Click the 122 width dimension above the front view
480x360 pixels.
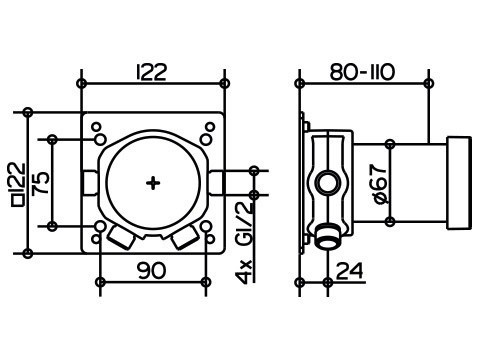click(152, 71)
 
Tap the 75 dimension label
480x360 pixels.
click(41, 183)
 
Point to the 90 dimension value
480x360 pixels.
click(152, 270)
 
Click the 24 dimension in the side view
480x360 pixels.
click(348, 270)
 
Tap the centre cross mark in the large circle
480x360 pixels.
click(152, 183)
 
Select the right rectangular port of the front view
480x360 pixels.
click(215, 183)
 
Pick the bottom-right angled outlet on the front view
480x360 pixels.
click(185, 238)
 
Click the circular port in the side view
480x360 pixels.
click(326, 184)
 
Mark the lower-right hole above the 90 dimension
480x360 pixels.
click(206, 227)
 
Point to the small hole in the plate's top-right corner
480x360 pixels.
click(207, 126)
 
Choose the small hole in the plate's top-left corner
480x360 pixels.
click(98, 126)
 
